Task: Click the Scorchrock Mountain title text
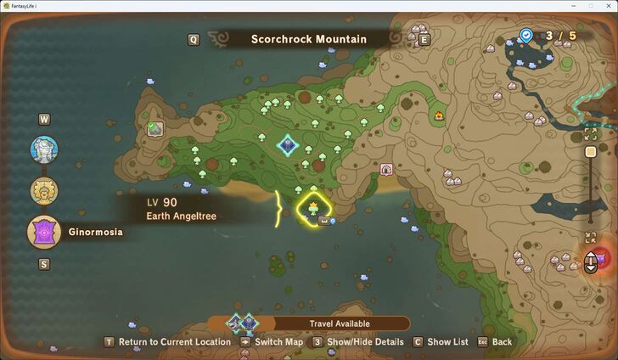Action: click(308, 39)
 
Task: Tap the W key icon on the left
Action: click(44, 120)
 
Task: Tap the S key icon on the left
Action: click(44, 264)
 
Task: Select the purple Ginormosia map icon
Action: click(44, 232)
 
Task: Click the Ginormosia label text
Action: click(94, 232)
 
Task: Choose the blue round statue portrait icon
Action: click(44, 150)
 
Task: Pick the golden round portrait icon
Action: click(44, 190)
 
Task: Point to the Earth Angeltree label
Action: click(181, 217)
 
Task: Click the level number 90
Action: click(170, 202)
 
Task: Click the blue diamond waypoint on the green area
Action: click(287, 145)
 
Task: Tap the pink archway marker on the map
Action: click(386, 170)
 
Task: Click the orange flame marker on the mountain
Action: click(438, 115)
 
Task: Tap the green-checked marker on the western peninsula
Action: click(154, 129)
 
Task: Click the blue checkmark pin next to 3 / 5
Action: click(526, 36)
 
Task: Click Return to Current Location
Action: click(174, 342)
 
